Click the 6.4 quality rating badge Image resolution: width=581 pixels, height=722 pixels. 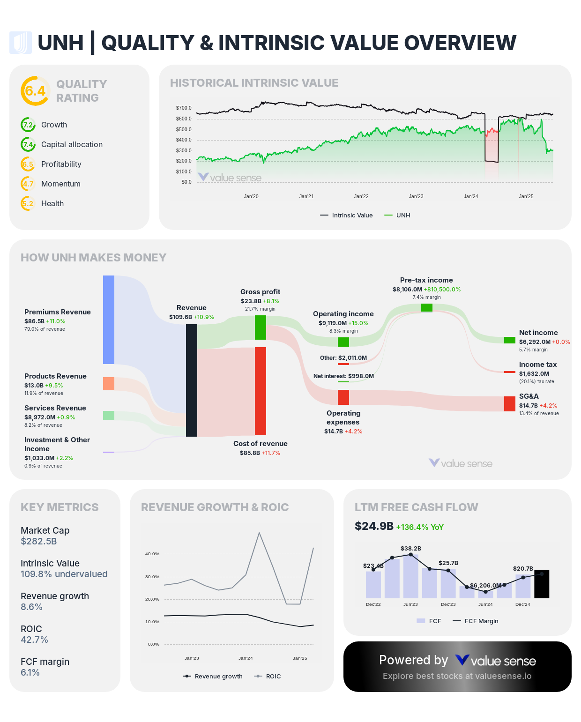pos(35,91)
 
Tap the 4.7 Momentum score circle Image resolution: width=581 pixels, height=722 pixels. pos(28,184)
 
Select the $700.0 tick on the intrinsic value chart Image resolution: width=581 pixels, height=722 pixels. pos(184,108)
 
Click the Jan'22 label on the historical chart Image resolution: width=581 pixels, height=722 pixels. pos(361,196)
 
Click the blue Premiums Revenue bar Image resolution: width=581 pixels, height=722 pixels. pos(109,320)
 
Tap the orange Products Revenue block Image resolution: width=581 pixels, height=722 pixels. pos(109,383)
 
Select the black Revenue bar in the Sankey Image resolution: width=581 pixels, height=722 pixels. pos(192,380)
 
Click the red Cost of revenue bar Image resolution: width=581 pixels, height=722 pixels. pos(261,391)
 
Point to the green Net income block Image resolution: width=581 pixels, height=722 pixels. pos(510,340)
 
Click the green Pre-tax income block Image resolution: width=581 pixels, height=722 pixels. pos(427,308)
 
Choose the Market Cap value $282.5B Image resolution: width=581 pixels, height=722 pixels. pos(39,541)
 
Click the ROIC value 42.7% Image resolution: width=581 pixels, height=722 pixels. pos(34,640)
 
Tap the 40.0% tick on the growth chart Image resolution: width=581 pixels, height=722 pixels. pos(152,554)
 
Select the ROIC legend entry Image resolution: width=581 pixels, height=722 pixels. pos(268,676)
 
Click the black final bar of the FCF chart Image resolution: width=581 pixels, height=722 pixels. pos(542,584)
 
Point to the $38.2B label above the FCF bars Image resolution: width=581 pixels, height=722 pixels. pos(411,548)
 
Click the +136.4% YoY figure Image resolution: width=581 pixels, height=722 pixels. pos(420,527)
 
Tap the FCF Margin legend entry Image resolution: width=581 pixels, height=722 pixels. pos(476,621)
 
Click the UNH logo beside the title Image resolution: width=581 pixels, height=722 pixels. pos(21,43)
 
